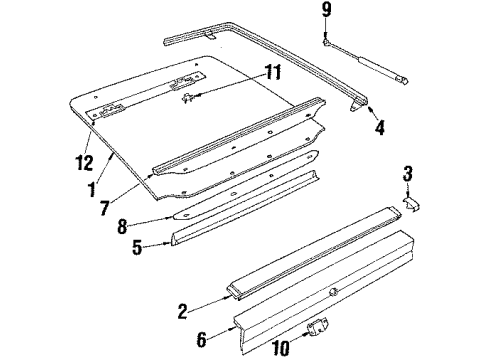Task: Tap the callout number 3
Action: coord(407,178)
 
